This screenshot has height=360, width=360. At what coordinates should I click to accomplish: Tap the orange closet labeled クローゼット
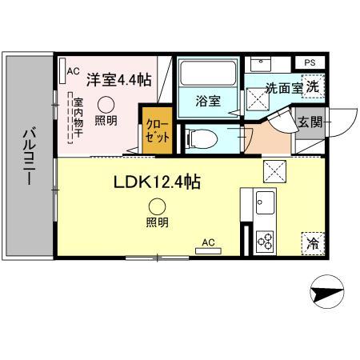tap(155, 130)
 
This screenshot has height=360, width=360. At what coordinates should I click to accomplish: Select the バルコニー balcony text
tap(27, 155)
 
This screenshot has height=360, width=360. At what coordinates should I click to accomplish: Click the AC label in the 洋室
tap(73, 70)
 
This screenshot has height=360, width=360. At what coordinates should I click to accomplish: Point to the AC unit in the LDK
tap(207, 244)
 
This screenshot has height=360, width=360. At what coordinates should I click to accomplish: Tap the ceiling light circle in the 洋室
tap(105, 103)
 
